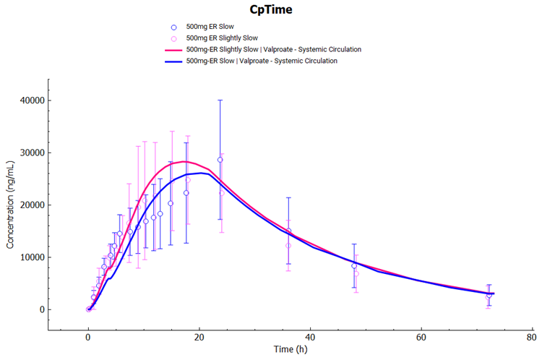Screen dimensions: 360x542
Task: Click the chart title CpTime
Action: (271, 10)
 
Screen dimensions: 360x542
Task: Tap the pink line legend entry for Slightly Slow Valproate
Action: (273, 49)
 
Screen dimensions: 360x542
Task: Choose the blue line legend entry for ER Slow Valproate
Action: (261, 61)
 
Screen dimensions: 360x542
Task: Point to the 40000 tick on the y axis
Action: (61, 100)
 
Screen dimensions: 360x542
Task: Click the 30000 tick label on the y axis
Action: (61, 153)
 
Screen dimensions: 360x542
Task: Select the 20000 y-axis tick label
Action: (61, 205)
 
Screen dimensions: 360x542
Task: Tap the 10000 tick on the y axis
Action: (61, 257)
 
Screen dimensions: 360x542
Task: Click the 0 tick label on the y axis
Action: (71, 309)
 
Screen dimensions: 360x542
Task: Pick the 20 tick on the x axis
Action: (199, 337)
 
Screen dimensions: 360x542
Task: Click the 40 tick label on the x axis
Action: (310, 337)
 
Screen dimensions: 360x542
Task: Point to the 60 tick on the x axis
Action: (421, 337)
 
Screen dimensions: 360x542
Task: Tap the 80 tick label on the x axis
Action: (532, 337)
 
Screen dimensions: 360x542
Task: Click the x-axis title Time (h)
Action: (289, 350)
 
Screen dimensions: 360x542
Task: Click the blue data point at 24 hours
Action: (220, 160)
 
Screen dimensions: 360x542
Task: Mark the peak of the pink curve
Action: (184, 162)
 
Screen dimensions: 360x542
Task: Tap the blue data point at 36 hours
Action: (288, 231)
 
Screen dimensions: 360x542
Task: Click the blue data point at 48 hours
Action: (354, 265)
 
